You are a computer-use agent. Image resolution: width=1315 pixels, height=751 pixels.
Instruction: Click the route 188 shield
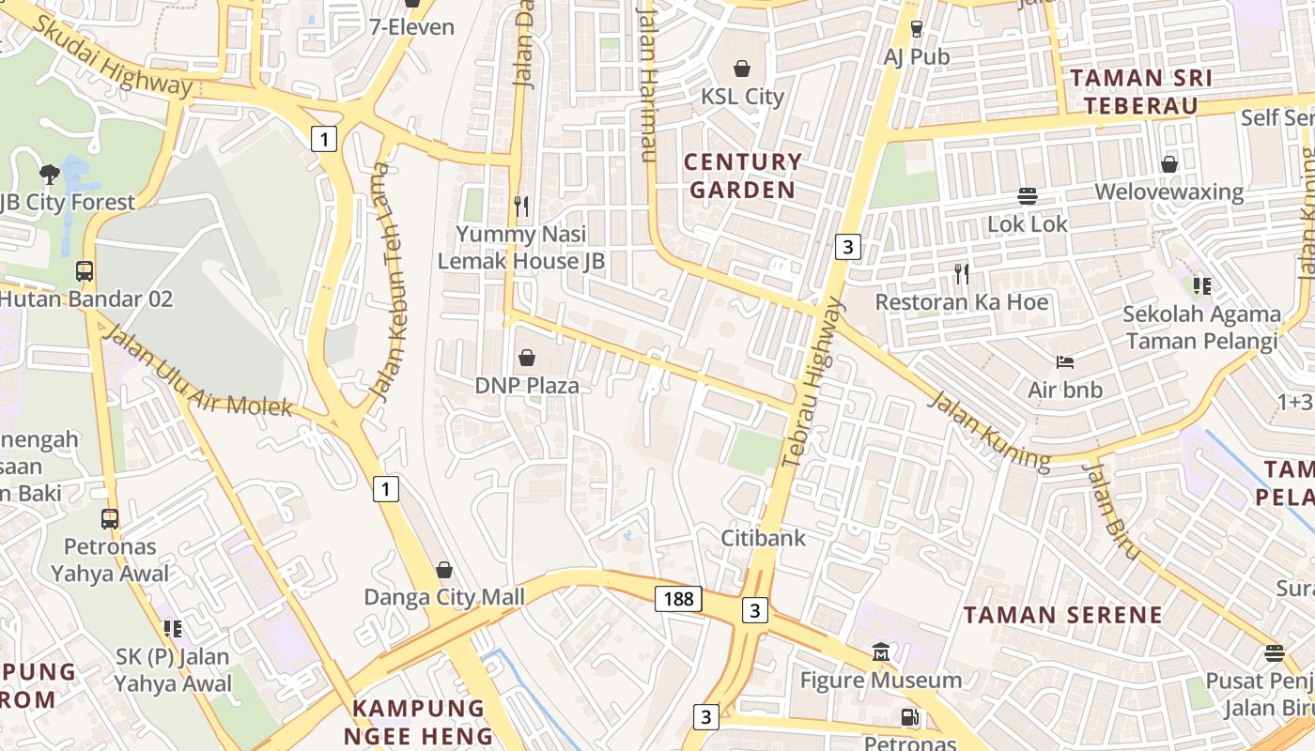point(678,599)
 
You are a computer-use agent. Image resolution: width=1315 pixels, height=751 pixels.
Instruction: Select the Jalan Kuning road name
point(988,431)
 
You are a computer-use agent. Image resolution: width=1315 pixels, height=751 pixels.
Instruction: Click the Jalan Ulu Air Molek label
point(196,373)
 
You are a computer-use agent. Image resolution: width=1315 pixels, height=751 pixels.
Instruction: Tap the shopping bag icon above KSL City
point(742,69)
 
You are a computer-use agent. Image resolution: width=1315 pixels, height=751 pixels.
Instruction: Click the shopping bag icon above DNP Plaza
point(527,358)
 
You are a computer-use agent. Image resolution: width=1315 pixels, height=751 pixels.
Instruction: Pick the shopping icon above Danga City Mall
point(444,570)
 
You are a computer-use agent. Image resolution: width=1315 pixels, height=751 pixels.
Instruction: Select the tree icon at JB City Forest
point(50,174)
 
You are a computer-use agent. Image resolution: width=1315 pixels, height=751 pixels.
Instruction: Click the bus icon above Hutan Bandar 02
point(85,271)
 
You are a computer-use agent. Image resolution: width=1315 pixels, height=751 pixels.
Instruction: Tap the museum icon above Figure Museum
point(881,651)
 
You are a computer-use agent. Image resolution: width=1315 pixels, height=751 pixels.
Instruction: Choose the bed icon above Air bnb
point(1064,361)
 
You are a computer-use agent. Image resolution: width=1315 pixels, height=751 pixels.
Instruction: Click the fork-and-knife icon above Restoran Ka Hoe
point(961,274)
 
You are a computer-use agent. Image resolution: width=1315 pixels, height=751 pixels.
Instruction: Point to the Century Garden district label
point(742,176)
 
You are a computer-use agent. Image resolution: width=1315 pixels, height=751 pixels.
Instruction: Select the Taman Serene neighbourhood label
point(1063,616)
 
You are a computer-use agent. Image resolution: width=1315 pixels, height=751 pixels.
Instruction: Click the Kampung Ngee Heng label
point(418,721)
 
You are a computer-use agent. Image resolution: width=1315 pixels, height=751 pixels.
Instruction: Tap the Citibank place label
point(763,538)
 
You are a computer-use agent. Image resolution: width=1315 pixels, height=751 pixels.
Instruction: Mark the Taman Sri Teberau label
point(1141,91)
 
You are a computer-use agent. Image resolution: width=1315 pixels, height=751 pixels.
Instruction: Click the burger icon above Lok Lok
point(1028,196)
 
